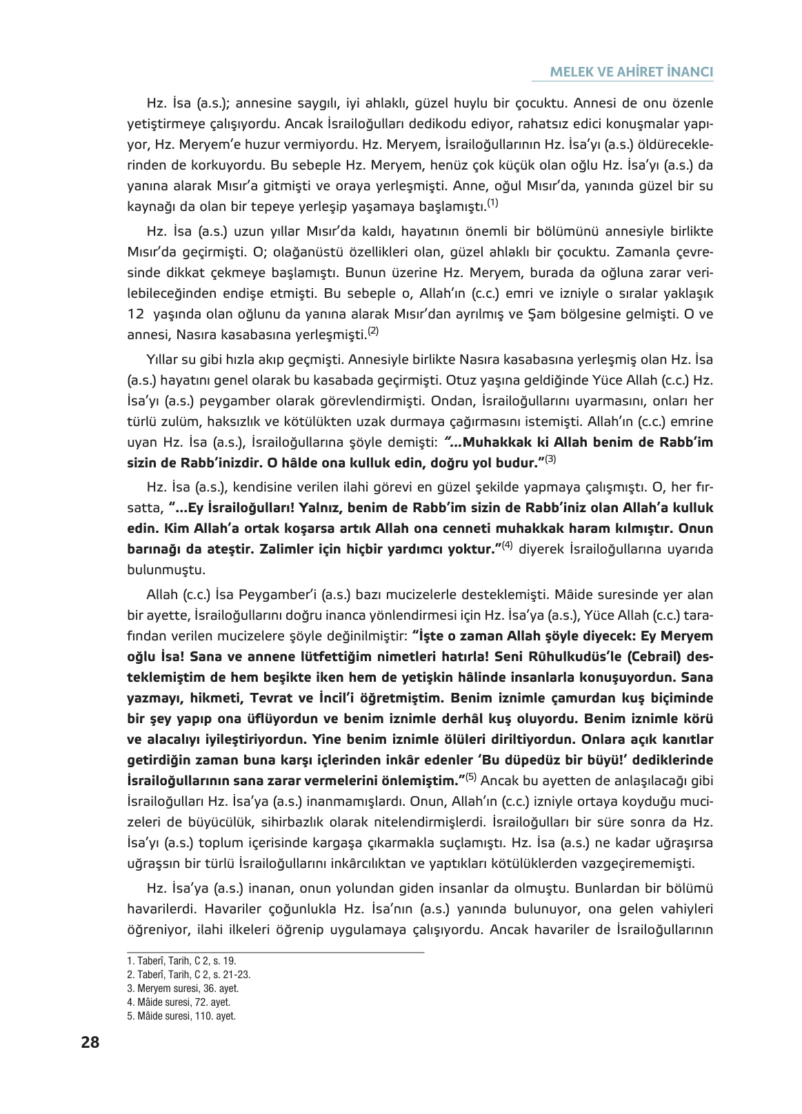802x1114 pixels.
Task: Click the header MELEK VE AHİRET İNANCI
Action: pyautogui.click(x=631, y=72)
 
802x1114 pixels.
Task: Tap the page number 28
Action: pyautogui.click(x=90, y=1042)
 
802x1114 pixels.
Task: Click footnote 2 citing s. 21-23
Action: pyautogui.click(x=188, y=975)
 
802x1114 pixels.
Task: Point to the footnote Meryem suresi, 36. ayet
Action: pyautogui.click(x=183, y=989)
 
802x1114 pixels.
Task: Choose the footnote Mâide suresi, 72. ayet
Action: pyautogui.click(x=179, y=1002)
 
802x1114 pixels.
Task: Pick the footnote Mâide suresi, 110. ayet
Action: pyautogui.click(x=181, y=1016)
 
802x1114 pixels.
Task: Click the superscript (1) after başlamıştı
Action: pyautogui.click(x=492, y=203)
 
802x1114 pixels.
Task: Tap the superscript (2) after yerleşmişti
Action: pyautogui.click(x=373, y=332)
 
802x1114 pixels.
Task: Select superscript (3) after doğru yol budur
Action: pyautogui.click(x=550, y=459)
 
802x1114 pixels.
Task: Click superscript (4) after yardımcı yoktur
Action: pyautogui.click(x=507, y=545)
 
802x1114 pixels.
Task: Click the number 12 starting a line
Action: pyautogui.click(x=135, y=314)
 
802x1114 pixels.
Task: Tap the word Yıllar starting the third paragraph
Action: pyautogui.click(x=162, y=360)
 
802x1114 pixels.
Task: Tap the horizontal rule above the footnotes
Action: pyautogui.click(x=275, y=953)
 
